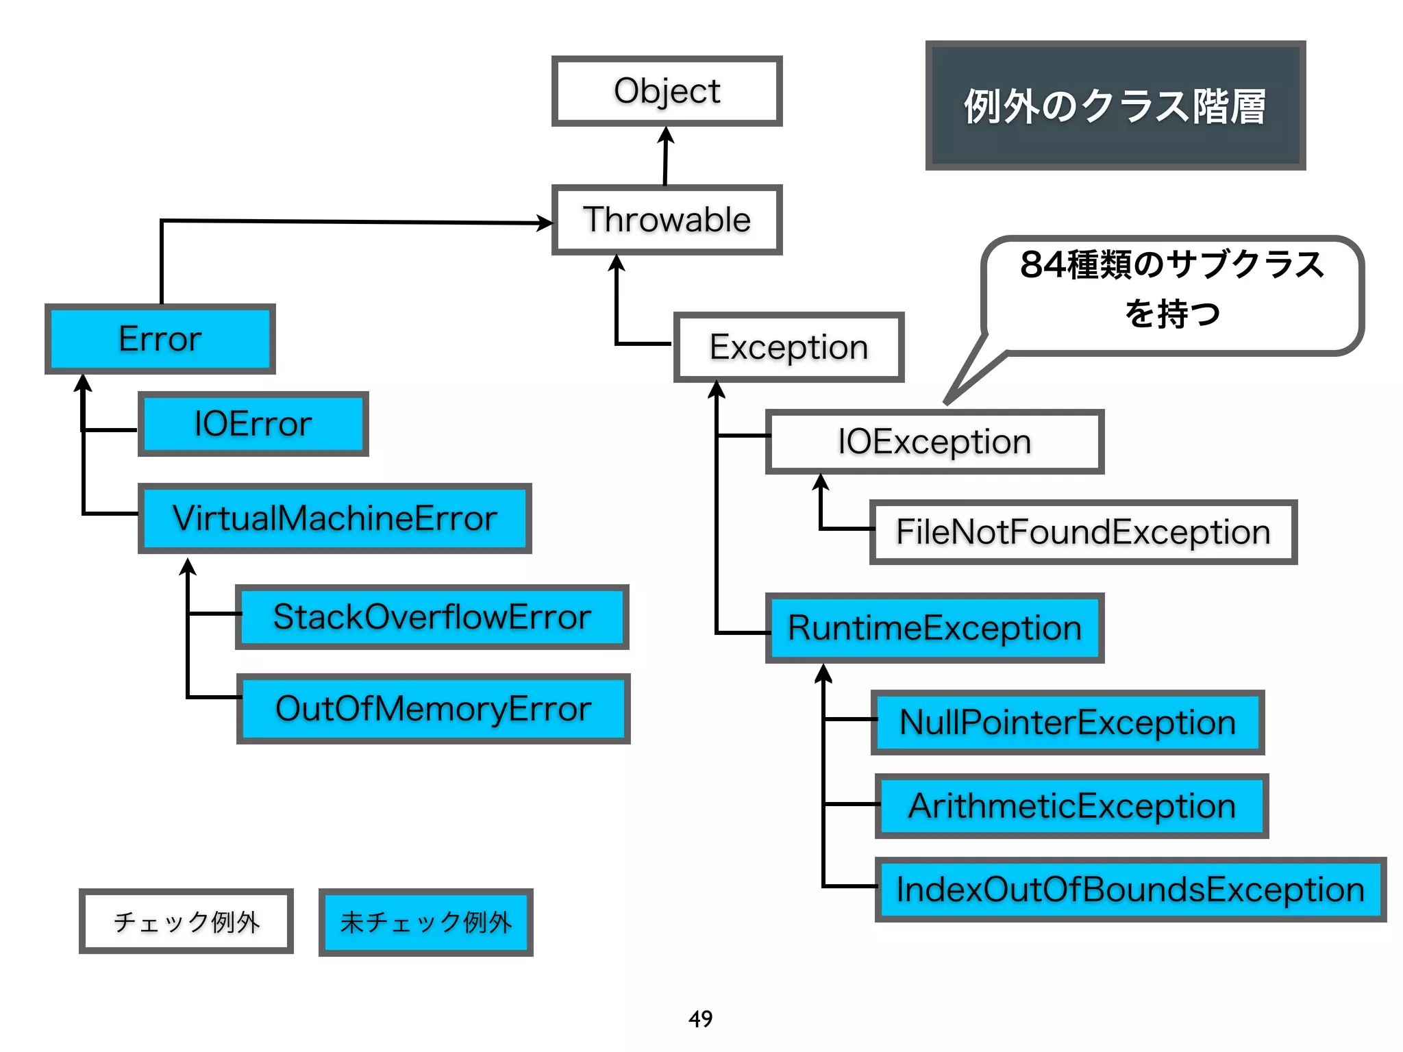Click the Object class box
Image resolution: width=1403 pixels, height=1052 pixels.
(x=667, y=91)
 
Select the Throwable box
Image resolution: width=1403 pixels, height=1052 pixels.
(x=667, y=220)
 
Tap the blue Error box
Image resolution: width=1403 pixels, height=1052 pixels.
(x=160, y=339)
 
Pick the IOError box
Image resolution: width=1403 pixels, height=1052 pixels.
(x=253, y=424)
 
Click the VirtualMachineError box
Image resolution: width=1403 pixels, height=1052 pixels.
(x=334, y=518)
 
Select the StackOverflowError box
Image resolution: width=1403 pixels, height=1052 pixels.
(x=432, y=617)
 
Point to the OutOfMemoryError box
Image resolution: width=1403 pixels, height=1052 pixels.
(x=433, y=709)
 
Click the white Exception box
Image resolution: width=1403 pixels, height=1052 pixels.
(x=789, y=347)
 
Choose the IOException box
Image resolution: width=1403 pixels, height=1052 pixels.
(x=934, y=442)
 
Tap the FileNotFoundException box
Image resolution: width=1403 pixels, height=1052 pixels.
(x=1083, y=532)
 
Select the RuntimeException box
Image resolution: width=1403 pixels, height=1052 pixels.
(x=934, y=628)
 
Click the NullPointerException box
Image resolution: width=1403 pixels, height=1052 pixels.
(x=1067, y=723)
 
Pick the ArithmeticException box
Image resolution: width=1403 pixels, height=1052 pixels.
(x=1071, y=806)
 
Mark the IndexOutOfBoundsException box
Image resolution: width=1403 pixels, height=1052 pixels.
(x=1130, y=890)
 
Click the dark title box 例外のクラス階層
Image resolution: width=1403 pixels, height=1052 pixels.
(x=1115, y=105)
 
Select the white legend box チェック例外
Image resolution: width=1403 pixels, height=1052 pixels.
(x=186, y=921)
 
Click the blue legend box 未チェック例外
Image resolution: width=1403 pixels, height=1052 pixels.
(x=425, y=922)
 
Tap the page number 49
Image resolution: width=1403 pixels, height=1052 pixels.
(x=700, y=1018)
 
